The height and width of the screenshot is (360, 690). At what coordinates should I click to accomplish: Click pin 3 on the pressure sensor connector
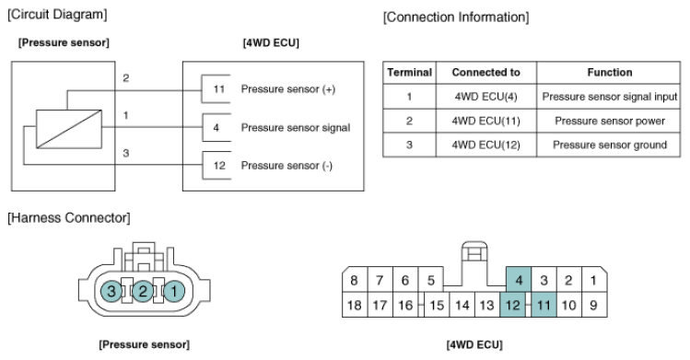[x=111, y=291]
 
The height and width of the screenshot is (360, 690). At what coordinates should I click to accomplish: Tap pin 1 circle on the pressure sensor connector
[x=174, y=291]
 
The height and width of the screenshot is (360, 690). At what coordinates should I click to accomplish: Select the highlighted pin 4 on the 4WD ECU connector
[x=519, y=279]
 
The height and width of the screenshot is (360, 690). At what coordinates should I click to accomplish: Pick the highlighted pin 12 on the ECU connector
[x=512, y=305]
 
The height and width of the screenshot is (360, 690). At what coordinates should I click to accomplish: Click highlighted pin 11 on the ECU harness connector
[x=544, y=305]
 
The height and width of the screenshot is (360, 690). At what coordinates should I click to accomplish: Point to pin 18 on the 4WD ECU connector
[x=355, y=305]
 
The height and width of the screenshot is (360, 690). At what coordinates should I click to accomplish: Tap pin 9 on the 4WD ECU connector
[x=594, y=305]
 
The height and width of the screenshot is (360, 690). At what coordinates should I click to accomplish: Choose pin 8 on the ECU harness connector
[x=355, y=280]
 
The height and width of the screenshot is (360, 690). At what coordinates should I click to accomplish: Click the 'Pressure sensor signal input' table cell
[x=609, y=97]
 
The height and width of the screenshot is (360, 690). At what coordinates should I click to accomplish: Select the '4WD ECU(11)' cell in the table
[x=485, y=121]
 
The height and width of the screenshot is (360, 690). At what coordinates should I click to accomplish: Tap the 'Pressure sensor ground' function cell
[x=609, y=145]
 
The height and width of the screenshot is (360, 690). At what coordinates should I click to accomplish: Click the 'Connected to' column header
[x=485, y=73]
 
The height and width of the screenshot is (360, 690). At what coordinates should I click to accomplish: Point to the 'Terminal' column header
[x=409, y=73]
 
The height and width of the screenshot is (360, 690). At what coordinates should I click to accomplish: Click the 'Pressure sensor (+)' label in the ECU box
[x=288, y=89]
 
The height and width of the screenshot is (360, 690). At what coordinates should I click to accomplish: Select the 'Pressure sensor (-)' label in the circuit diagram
[x=287, y=166]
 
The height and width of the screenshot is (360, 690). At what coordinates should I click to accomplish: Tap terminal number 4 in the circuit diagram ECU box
[x=216, y=127]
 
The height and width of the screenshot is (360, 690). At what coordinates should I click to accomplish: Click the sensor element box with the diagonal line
[x=69, y=129]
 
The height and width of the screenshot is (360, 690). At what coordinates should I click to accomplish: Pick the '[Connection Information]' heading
[x=456, y=17]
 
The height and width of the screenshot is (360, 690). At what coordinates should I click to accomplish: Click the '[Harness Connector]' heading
[x=69, y=218]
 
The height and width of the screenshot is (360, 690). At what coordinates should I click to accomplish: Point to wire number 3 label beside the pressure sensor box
[x=126, y=153]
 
